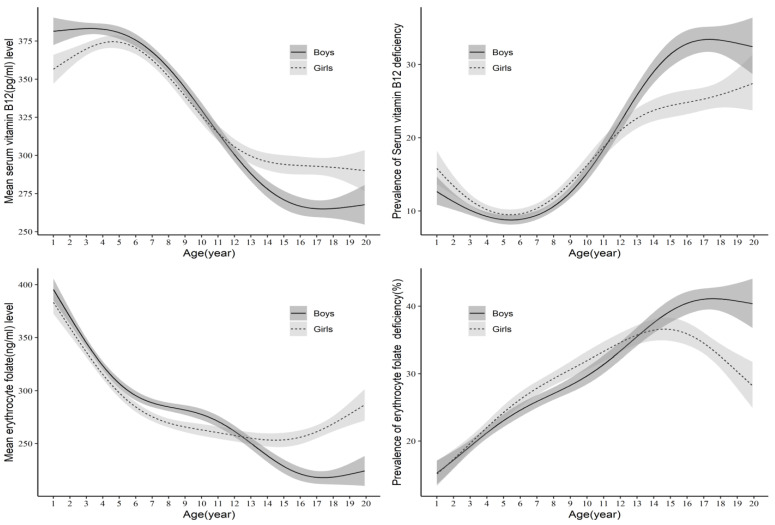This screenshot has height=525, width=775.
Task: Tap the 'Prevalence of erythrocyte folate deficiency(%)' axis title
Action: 398,385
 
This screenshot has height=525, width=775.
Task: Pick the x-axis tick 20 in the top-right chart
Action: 752,242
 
